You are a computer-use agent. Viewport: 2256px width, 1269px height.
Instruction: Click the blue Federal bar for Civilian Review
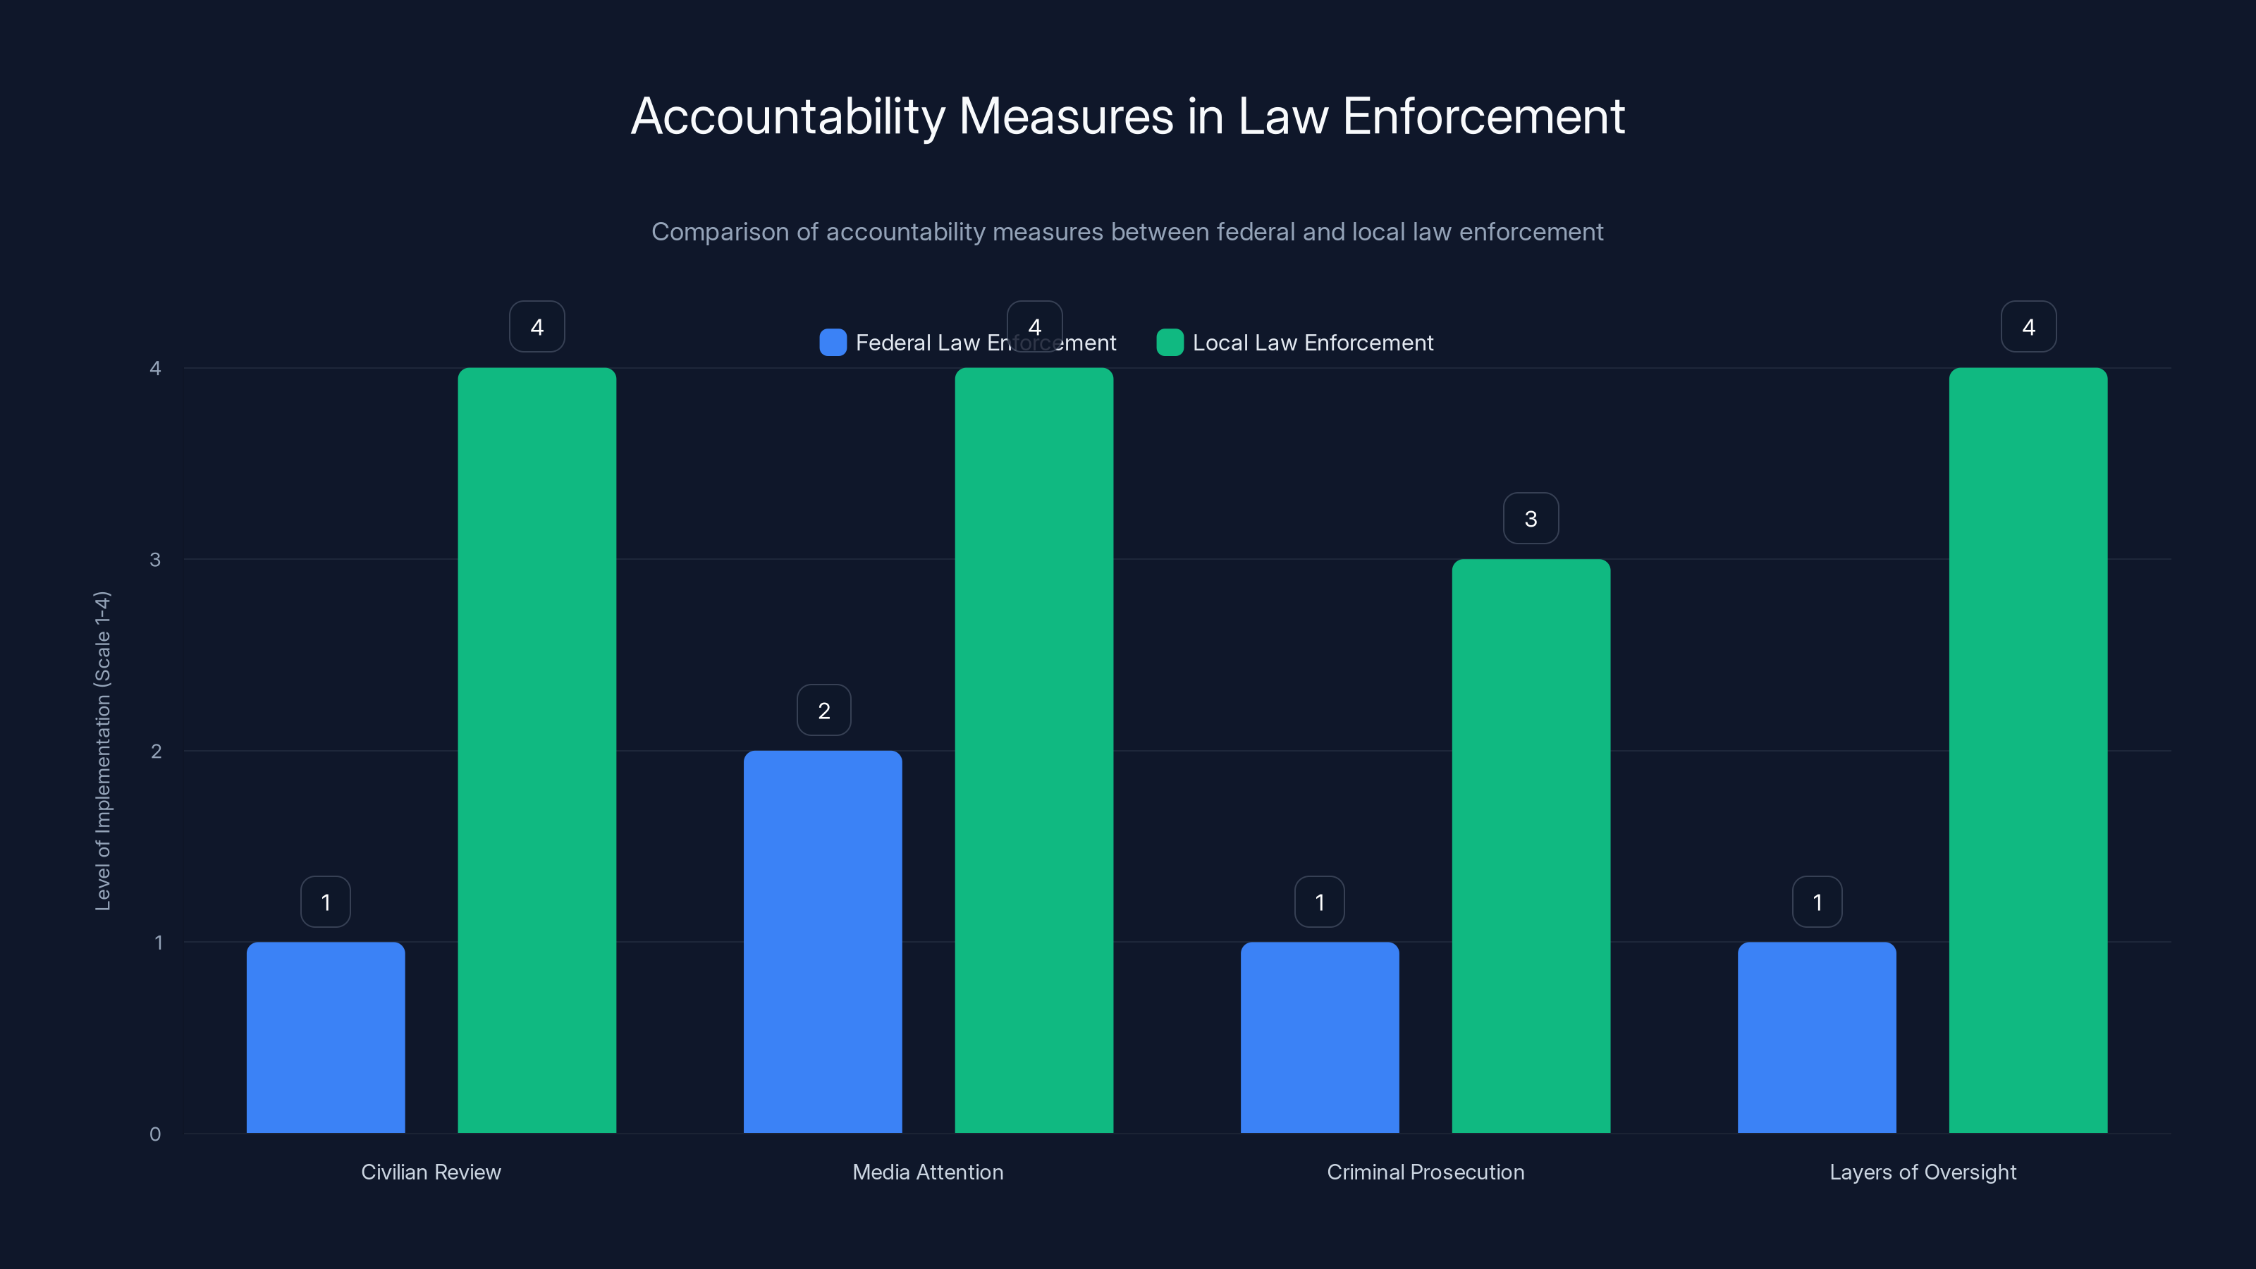coord(326,1038)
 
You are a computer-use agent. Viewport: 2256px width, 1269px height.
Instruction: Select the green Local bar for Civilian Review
coord(537,751)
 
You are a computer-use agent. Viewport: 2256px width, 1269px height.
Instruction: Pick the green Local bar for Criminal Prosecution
coord(1531,846)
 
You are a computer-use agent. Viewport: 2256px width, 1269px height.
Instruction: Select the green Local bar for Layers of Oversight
coord(2028,751)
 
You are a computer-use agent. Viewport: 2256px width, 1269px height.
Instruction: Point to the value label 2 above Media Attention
coord(824,710)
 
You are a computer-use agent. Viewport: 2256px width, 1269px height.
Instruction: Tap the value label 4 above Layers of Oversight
coord(2028,326)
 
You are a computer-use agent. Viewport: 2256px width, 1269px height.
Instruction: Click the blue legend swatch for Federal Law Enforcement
coord(833,343)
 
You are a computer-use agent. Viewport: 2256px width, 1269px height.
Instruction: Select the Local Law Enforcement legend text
coord(1312,343)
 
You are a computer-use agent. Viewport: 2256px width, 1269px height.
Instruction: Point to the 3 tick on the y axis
coord(156,560)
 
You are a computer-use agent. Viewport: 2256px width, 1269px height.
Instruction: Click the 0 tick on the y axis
coord(156,1134)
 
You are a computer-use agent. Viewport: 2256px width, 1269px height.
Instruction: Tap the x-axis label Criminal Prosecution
coord(1425,1172)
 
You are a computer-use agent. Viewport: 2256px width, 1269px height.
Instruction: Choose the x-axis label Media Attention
coord(928,1172)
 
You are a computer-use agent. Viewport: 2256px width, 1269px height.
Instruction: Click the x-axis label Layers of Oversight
coord(1923,1172)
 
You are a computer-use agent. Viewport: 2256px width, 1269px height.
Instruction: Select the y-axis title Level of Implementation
coord(102,751)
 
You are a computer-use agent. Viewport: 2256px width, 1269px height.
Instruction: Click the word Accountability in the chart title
coord(787,116)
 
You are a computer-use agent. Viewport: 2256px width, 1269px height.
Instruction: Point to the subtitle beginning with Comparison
coord(1127,232)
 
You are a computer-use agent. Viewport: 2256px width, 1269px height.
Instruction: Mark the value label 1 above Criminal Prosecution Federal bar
coord(1320,902)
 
